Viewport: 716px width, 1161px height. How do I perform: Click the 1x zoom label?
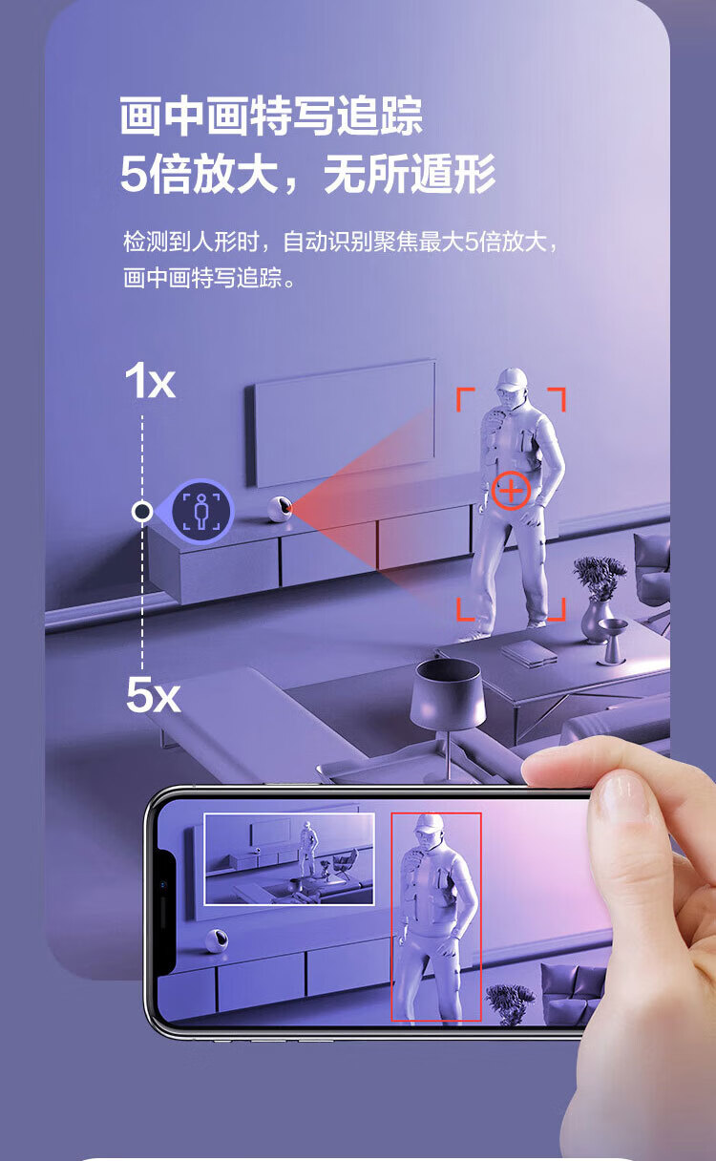(150, 381)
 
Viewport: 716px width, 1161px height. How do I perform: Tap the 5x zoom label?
(153, 696)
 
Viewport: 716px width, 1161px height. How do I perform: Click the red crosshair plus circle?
(511, 491)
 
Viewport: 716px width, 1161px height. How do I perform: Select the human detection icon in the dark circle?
(202, 511)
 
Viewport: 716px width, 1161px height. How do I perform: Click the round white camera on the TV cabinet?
(280, 509)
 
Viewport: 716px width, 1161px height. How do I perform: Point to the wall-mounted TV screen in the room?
(344, 422)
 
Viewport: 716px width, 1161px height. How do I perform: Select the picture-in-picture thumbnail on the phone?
(289, 859)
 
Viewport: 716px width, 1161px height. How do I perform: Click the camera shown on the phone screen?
(216, 940)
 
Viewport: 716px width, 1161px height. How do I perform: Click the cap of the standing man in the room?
(512, 379)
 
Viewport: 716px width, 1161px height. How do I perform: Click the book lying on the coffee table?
(528, 651)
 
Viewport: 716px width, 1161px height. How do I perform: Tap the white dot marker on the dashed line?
(142, 512)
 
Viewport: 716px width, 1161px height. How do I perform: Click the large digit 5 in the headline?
(135, 174)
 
